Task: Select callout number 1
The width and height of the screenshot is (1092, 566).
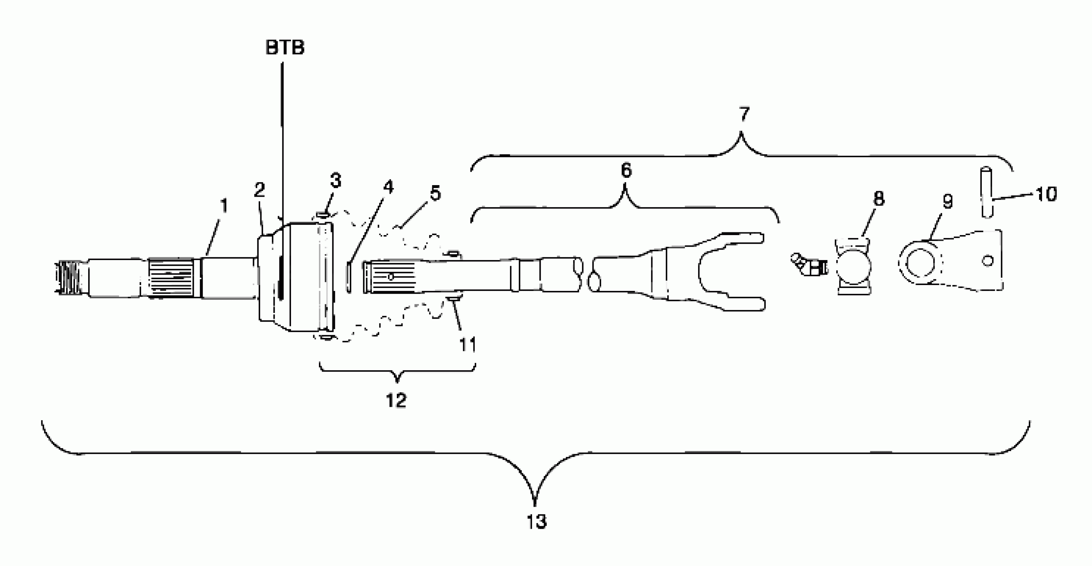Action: click(x=224, y=206)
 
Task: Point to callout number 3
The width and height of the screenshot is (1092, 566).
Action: click(x=335, y=180)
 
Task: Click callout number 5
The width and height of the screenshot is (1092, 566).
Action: click(x=435, y=193)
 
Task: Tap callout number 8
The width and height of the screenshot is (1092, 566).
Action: click(x=879, y=198)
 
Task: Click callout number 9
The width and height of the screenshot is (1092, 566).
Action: click(x=948, y=202)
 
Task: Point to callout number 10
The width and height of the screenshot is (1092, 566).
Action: click(x=1046, y=194)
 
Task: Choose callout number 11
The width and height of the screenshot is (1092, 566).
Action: click(x=468, y=345)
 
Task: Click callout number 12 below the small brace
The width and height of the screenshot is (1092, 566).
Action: click(x=396, y=400)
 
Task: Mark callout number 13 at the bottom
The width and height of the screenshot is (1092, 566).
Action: click(x=537, y=521)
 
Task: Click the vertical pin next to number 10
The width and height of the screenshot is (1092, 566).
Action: click(x=987, y=193)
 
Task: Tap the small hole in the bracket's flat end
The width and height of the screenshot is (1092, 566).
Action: click(x=988, y=261)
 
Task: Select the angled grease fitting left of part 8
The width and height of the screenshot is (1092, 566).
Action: click(x=805, y=265)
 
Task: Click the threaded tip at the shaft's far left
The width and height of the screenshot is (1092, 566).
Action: click(x=67, y=276)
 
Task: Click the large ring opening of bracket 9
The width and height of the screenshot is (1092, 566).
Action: click(x=920, y=263)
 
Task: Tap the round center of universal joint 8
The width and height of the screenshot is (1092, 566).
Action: click(x=853, y=267)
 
